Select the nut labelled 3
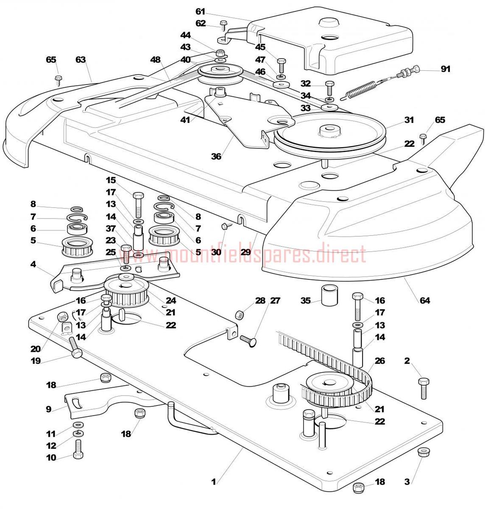pyautogui.click(x=423, y=452)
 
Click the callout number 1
pyautogui.click(x=214, y=482)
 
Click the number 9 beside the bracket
pyautogui.click(x=49, y=409)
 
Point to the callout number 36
pyautogui.click(x=216, y=157)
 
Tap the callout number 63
pyautogui.click(x=81, y=59)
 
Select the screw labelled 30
pyautogui.click(x=226, y=226)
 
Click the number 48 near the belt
pyautogui.click(x=156, y=59)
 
